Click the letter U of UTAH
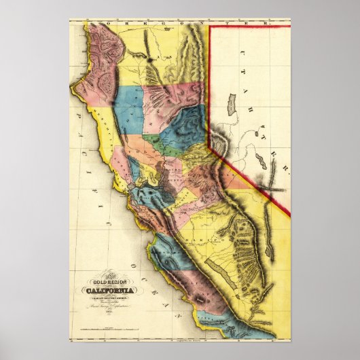[x=242, y=73]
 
